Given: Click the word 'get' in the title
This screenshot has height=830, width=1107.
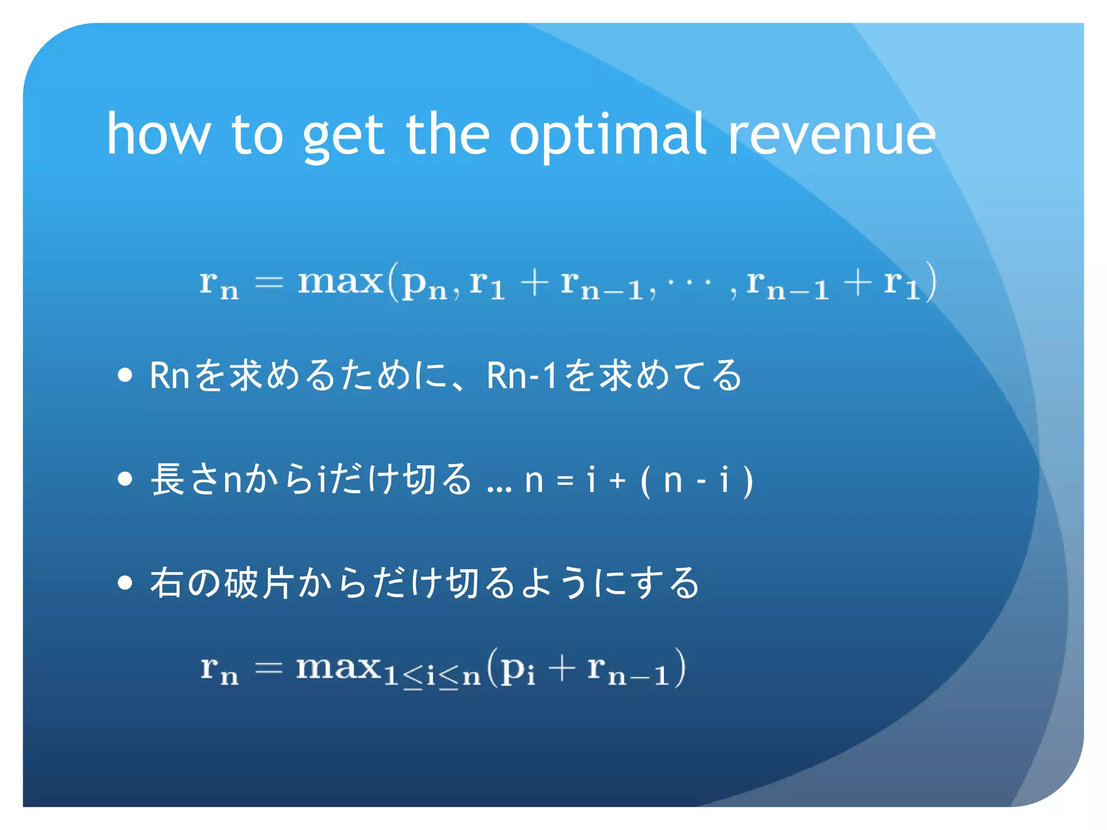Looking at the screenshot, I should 343,138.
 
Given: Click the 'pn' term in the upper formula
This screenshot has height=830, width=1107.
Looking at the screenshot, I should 425,285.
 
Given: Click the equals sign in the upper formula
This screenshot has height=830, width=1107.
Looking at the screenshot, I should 269,282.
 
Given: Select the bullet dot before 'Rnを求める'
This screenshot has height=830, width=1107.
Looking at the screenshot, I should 125,375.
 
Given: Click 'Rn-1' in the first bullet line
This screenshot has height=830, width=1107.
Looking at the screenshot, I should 521,375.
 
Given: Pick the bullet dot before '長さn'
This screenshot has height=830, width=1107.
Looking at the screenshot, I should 125,479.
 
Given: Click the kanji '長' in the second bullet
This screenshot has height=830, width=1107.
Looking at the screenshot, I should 168,479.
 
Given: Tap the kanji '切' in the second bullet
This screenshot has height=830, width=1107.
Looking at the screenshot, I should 419,479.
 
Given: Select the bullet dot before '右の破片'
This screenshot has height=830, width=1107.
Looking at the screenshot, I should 125,583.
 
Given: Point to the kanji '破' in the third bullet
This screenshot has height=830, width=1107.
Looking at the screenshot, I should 241,583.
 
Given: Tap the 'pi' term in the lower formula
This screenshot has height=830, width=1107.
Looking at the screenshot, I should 517,670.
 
